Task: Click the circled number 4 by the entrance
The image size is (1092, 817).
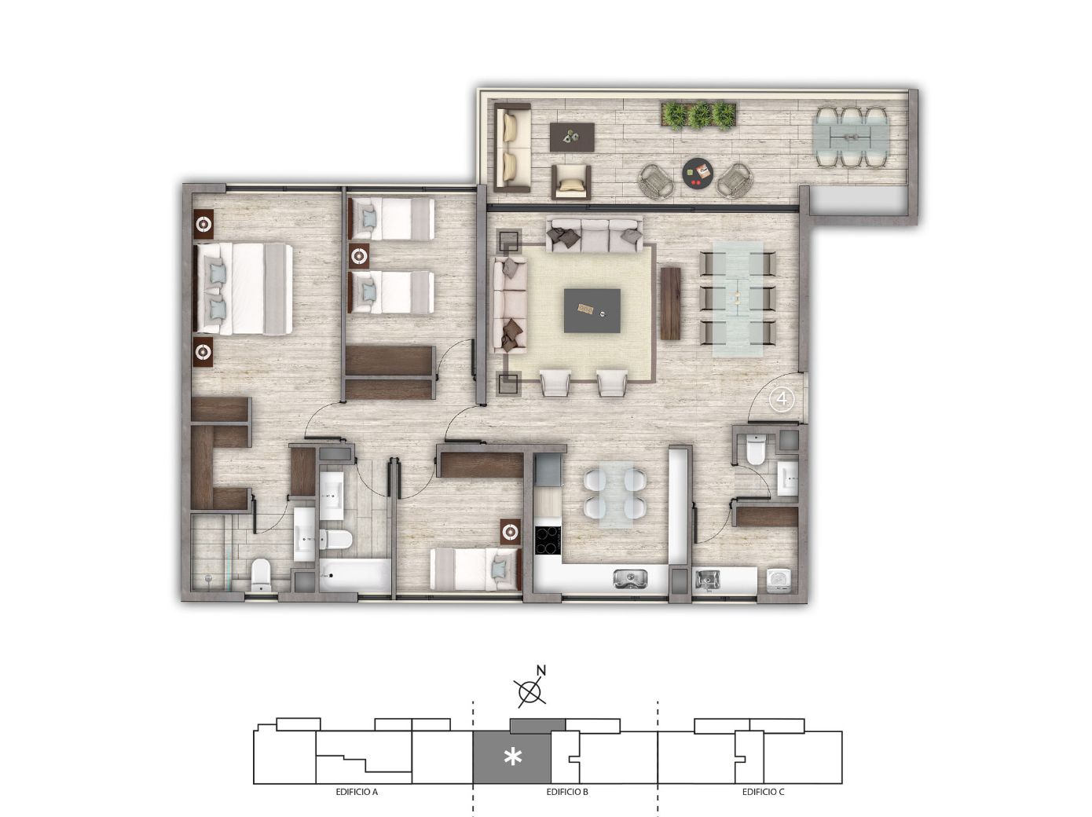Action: tap(782, 399)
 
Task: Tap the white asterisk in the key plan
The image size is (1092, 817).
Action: tap(513, 758)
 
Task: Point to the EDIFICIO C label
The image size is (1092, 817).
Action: tap(763, 792)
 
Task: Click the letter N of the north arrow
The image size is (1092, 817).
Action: tap(541, 671)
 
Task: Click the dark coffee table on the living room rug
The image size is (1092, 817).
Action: tap(592, 311)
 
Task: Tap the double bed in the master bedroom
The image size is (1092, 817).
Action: tap(243, 288)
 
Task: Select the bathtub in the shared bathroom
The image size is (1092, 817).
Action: tap(355, 575)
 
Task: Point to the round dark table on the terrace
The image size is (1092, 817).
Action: tap(698, 173)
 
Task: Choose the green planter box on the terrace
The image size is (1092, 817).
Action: tap(698, 115)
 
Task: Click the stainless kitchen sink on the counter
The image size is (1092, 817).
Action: tap(630, 579)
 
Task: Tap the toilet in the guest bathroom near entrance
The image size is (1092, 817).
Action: tap(755, 449)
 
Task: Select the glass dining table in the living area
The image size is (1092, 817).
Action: tap(738, 299)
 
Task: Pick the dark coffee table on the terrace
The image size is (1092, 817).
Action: tap(572, 137)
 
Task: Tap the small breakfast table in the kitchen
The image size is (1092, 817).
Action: tap(615, 493)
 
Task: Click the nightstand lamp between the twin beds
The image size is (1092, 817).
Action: tap(359, 257)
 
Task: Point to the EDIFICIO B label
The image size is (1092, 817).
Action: tap(566, 792)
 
